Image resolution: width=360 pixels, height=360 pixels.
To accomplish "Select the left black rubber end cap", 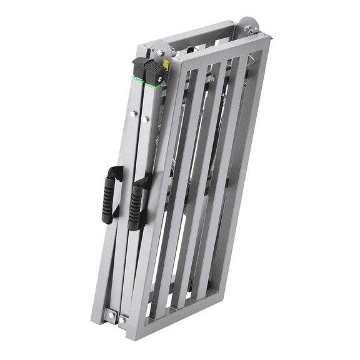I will click(139, 71).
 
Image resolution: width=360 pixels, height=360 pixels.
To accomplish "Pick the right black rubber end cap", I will click(157, 73).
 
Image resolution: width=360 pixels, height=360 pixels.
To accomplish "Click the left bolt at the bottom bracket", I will click(112, 314).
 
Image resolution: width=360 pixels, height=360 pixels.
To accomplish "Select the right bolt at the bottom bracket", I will click(122, 320).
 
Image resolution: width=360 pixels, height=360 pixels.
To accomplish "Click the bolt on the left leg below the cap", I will click(132, 114).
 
